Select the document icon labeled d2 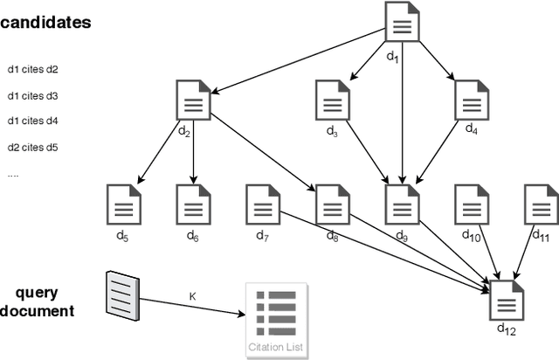point(193,100)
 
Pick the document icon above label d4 point(471,100)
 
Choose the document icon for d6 point(193,204)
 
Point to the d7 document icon point(261,204)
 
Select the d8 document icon point(331,204)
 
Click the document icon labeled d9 point(401,204)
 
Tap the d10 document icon point(471,204)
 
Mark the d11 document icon point(539,204)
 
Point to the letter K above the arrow point(192,297)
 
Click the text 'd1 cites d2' point(32,69)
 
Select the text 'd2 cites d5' point(32,148)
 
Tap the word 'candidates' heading point(45,23)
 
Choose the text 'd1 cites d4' point(32,121)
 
